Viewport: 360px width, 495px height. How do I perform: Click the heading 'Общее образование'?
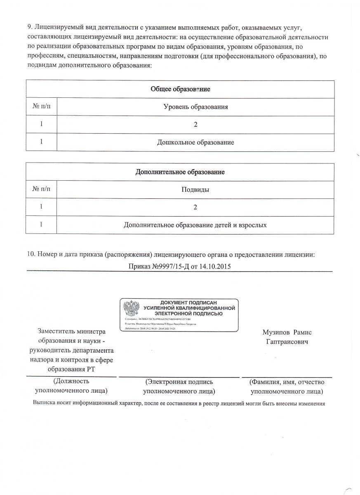(180, 89)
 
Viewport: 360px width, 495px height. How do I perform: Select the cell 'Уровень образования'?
(195, 107)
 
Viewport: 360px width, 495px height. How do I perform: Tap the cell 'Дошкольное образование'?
(195, 143)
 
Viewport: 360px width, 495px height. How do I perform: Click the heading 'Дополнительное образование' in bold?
(180, 172)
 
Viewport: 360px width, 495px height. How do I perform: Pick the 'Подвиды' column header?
(195, 190)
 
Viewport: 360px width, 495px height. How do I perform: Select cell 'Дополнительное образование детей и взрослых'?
(195, 225)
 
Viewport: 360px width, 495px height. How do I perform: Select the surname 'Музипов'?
(274, 332)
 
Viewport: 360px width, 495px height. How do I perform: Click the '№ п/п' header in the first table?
(41, 107)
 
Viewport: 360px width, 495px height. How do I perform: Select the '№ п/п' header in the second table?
(41, 190)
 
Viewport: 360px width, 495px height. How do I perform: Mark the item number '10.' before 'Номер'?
(31, 255)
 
